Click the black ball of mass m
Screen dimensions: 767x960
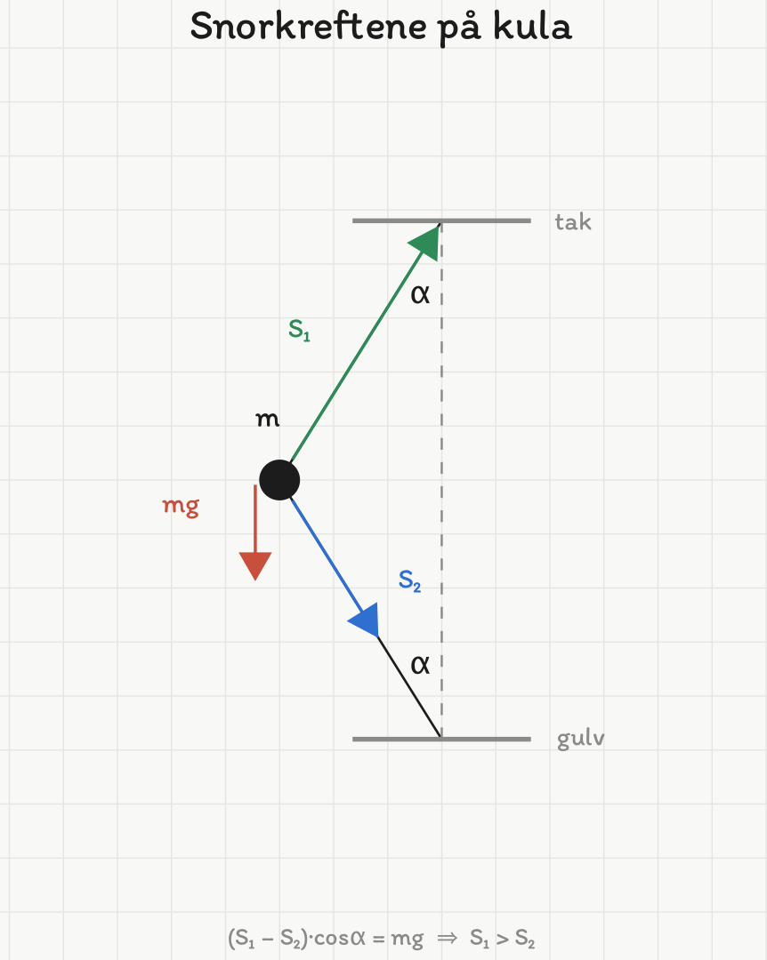point(279,480)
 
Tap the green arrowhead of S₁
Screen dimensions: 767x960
point(427,241)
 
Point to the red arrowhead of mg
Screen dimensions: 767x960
point(255,565)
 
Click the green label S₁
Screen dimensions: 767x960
point(299,330)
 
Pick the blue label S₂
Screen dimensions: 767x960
point(409,580)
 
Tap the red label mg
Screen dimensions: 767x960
point(181,507)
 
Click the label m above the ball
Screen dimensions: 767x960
point(267,420)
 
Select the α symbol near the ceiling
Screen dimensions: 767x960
point(420,294)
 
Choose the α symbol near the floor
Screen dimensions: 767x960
point(420,664)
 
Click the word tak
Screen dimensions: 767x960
point(573,221)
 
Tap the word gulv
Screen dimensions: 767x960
point(581,739)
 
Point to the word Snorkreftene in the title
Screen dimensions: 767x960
point(309,27)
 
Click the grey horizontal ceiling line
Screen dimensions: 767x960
point(441,220)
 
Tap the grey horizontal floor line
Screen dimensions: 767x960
point(441,739)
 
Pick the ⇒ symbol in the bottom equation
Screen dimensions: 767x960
point(447,938)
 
